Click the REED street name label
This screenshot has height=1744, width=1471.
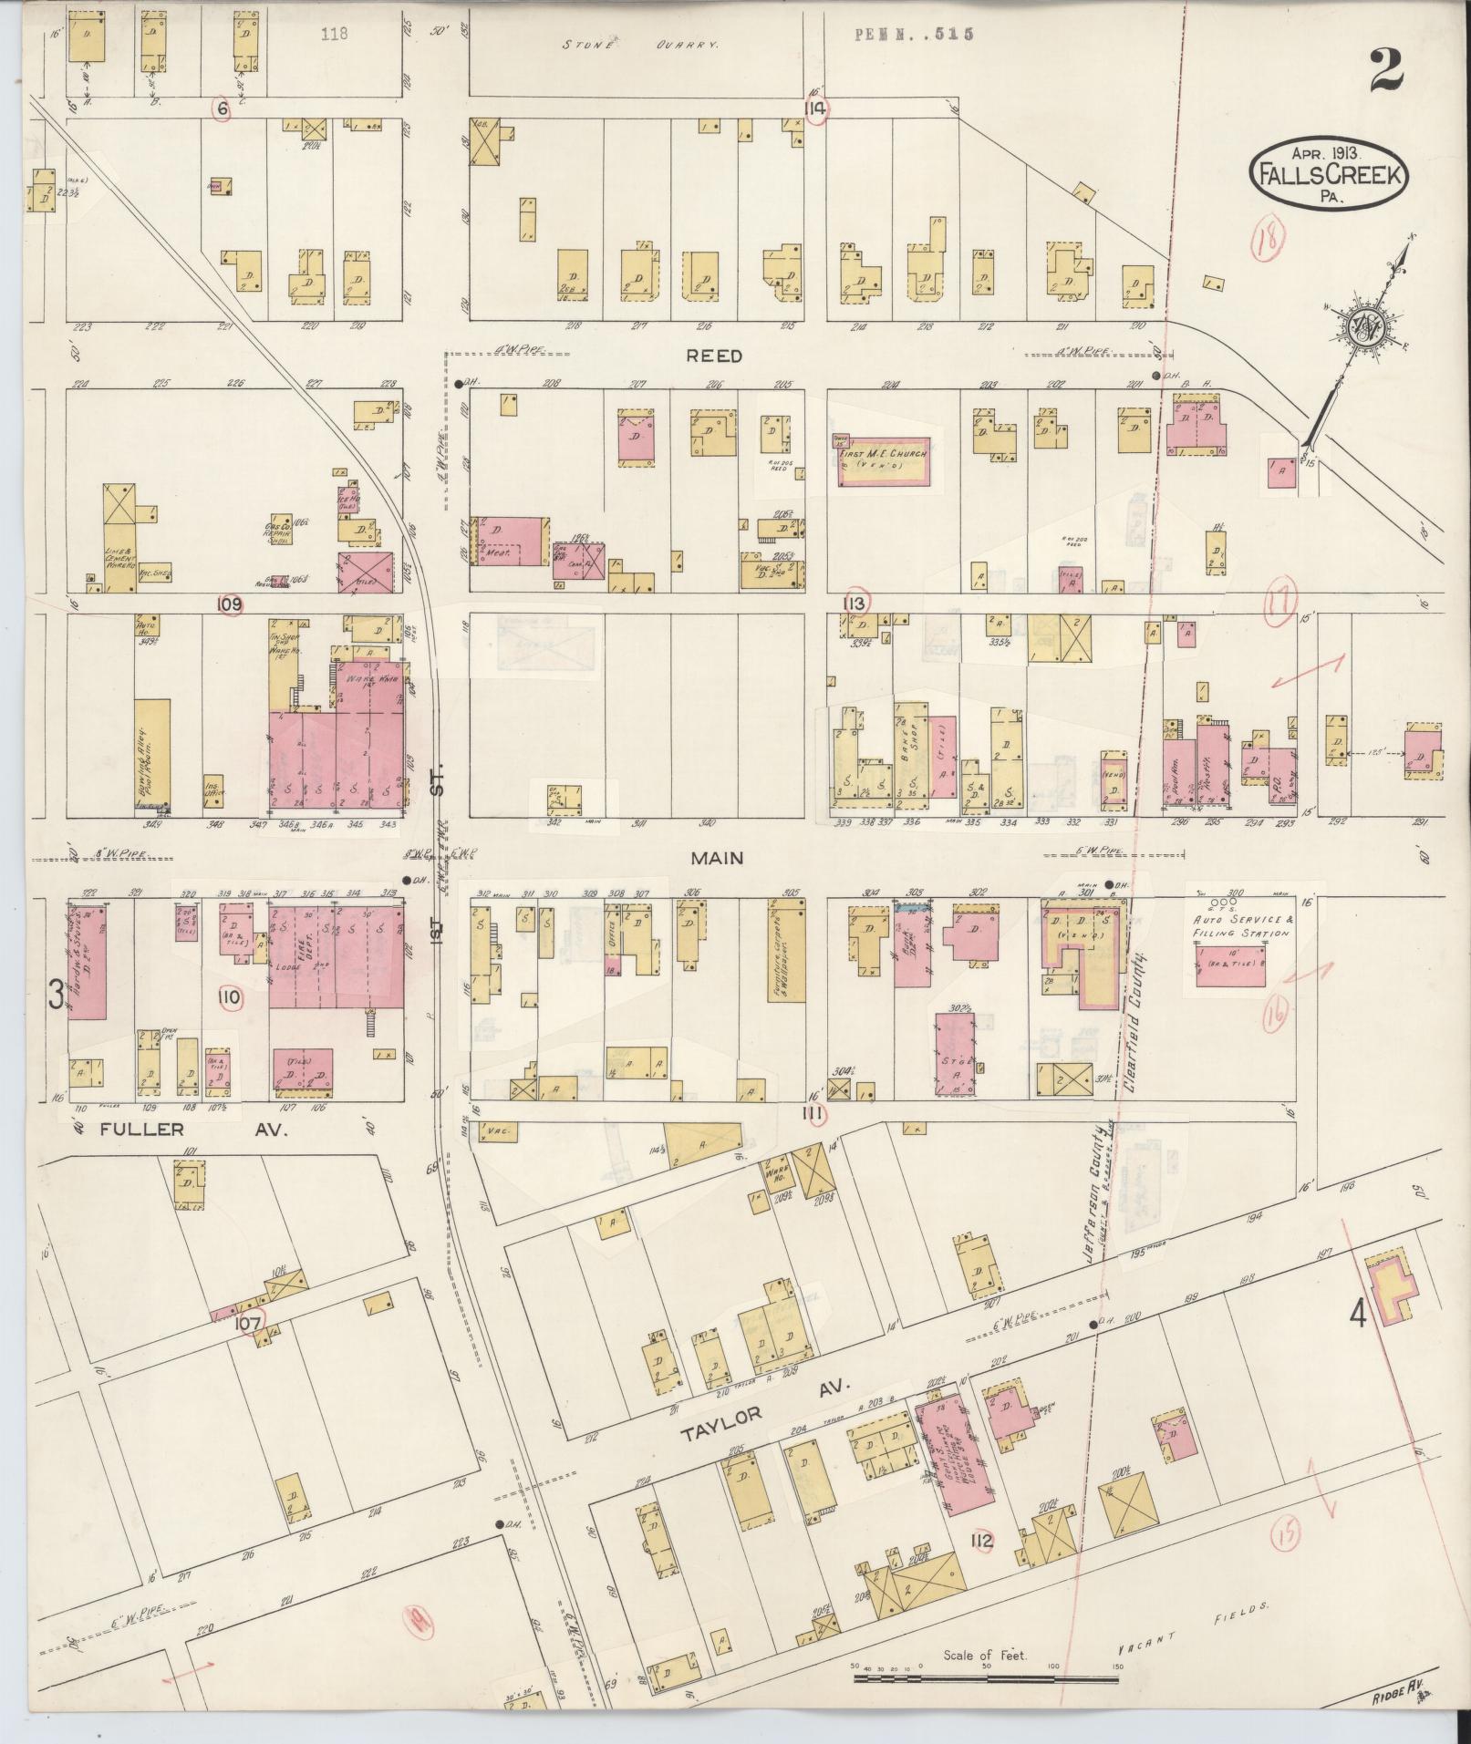716,356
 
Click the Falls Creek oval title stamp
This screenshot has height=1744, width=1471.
1327,176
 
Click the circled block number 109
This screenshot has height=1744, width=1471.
229,604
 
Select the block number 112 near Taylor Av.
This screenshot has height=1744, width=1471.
981,1542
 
